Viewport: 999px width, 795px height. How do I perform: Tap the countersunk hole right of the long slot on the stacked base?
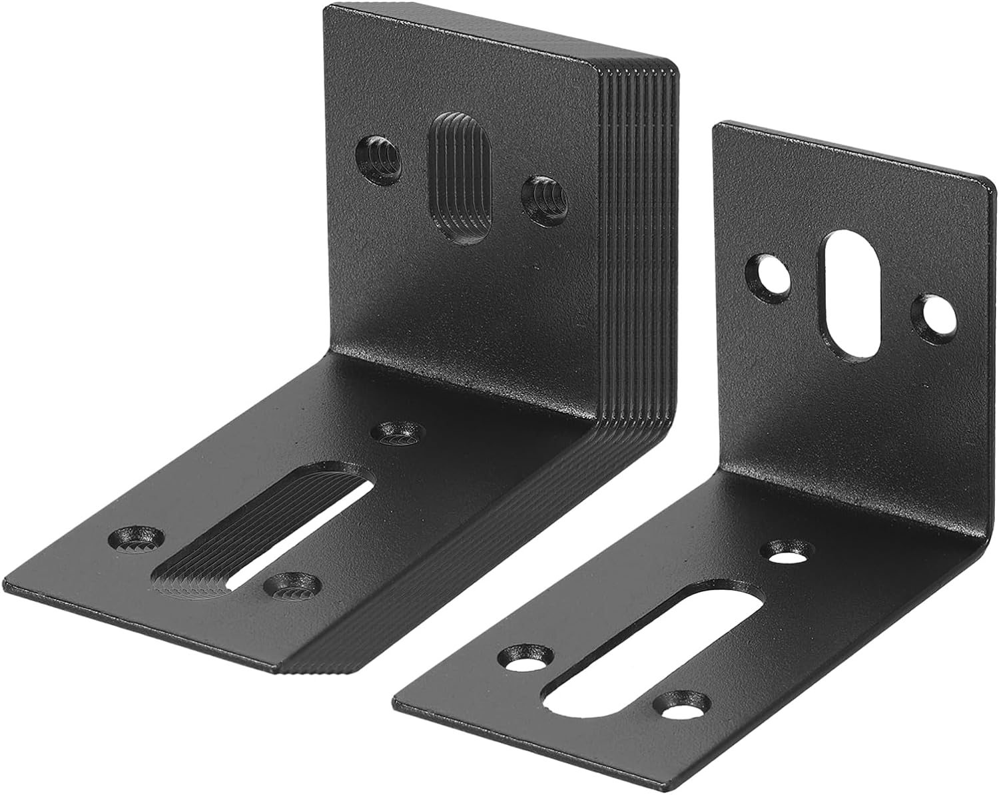292,585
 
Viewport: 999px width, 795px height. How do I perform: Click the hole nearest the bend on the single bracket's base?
791,550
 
